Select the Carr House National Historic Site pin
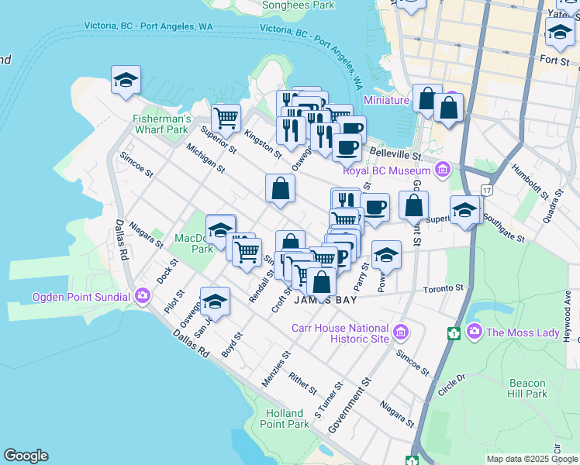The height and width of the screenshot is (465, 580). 401,333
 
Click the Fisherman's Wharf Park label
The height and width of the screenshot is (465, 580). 161,124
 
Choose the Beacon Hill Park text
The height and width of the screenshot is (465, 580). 528,388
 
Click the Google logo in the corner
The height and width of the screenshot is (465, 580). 26,456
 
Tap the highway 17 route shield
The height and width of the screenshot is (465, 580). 486,189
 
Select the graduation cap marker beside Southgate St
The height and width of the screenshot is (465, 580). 464,210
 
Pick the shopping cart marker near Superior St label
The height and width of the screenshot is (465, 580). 226,119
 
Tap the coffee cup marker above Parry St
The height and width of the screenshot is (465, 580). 375,208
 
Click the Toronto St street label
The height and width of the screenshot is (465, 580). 443,288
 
